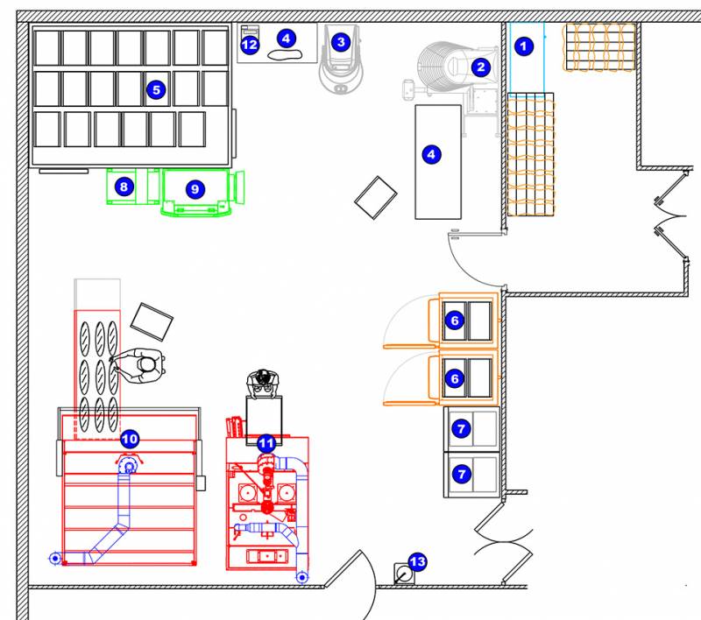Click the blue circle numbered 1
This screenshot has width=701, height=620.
click(x=523, y=46)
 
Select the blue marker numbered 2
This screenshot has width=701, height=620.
click(x=481, y=67)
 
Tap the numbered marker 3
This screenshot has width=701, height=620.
click(x=341, y=42)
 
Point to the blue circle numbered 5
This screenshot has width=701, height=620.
click(x=156, y=90)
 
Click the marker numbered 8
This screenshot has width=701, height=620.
click(x=124, y=187)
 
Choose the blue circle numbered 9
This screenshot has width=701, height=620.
click(x=195, y=189)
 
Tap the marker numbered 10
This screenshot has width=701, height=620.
click(x=130, y=439)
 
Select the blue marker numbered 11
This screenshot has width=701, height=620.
click(x=266, y=444)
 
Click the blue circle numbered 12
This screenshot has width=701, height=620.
click(x=250, y=45)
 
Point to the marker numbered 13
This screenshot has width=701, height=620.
click(x=418, y=561)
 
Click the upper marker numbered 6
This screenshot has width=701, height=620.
click(x=455, y=321)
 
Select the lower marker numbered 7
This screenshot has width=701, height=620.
click(x=462, y=474)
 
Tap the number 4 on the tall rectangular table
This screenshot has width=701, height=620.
click(x=431, y=154)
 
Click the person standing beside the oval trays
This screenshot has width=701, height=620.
click(x=139, y=365)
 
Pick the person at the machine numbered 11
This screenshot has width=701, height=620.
click(x=263, y=384)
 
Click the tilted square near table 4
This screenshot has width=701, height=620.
click(x=376, y=197)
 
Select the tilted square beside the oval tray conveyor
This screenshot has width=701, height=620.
click(x=152, y=321)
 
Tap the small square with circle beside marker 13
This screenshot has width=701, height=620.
click(x=404, y=574)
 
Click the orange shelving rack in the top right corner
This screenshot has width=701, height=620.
click(x=600, y=47)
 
